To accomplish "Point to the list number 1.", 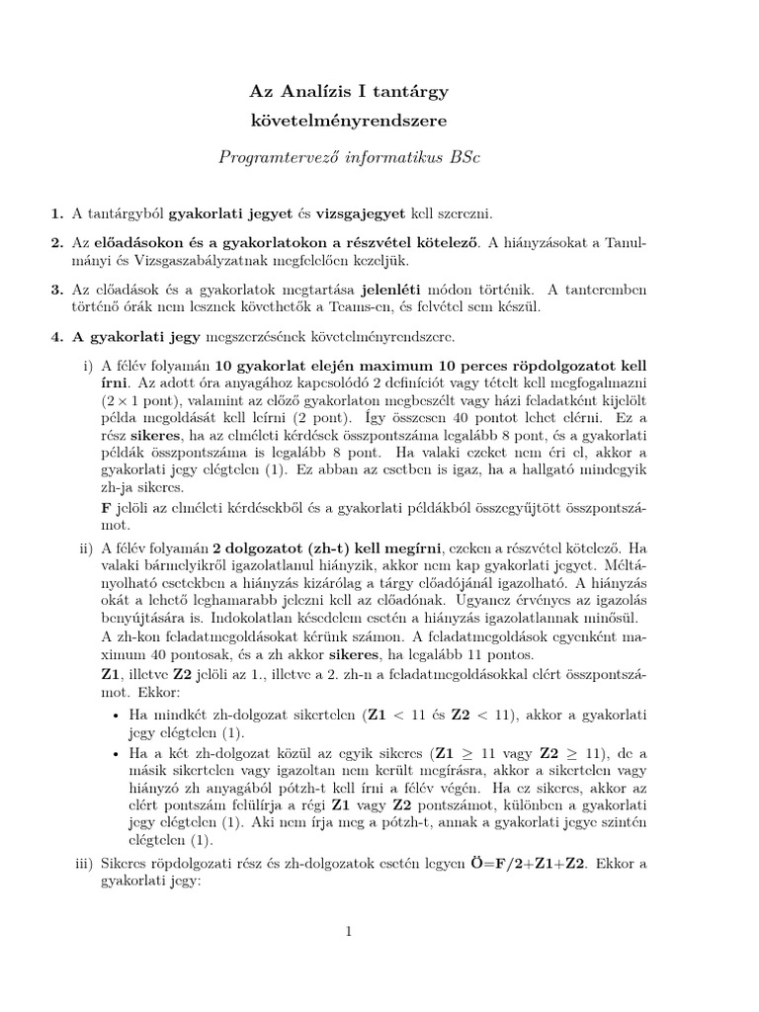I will click(55, 212).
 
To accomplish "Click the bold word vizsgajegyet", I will click(353, 212).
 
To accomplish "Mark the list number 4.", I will click(55, 337).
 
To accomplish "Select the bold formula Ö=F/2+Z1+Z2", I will click(534, 863).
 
